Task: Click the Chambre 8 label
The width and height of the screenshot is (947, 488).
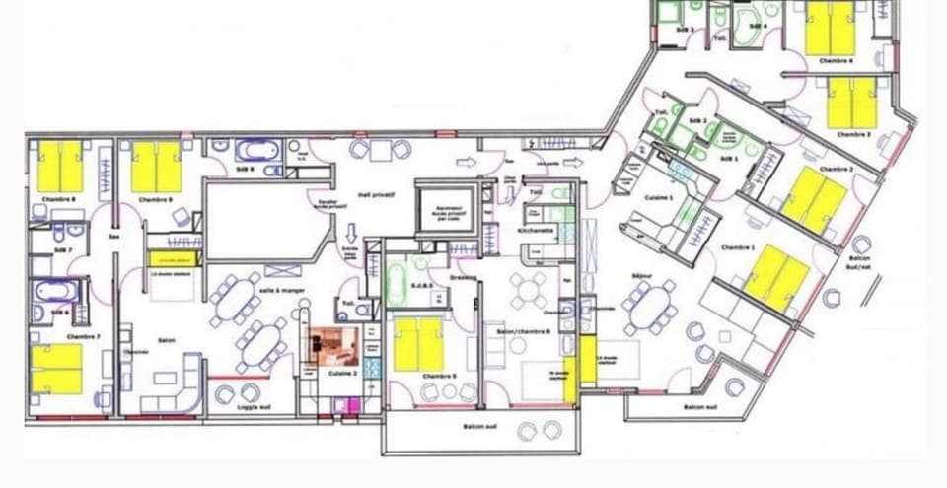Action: [x=59, y=200]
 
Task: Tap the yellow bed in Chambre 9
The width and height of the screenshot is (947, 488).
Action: [x=156, y=167]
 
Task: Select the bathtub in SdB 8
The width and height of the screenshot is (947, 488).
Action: [x=257, y=152]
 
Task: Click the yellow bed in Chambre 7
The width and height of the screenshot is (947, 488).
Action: [x=56, y=368]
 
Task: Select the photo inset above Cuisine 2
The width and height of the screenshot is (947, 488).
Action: [x=332, y=347]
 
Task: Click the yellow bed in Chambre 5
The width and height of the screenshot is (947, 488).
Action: [x=418, y=343]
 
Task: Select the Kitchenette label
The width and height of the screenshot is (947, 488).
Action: [x=536, y=230]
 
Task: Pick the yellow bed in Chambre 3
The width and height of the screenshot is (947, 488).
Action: [x=851, y=103]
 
